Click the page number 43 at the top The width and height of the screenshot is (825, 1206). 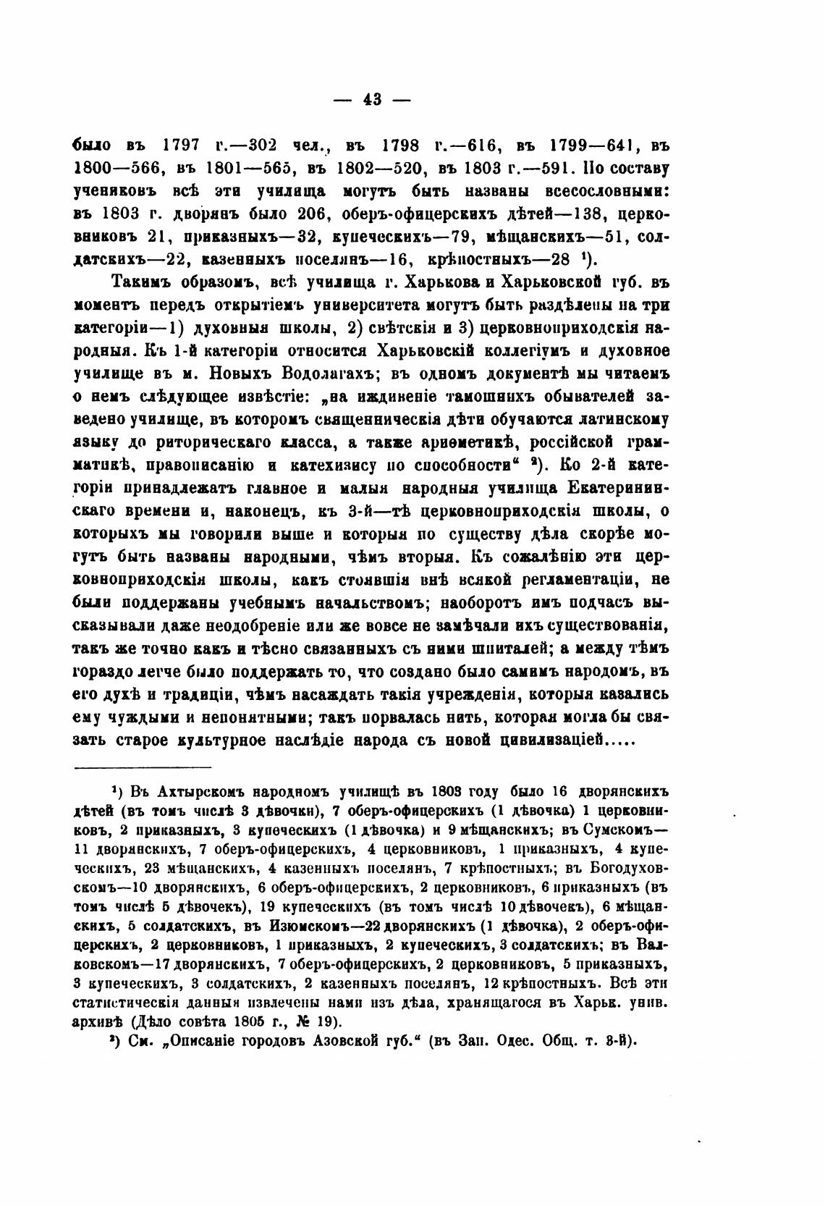(372, 100)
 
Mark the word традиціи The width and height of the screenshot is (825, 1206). (199, 694)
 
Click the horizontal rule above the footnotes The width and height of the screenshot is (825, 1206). (143, 767)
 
